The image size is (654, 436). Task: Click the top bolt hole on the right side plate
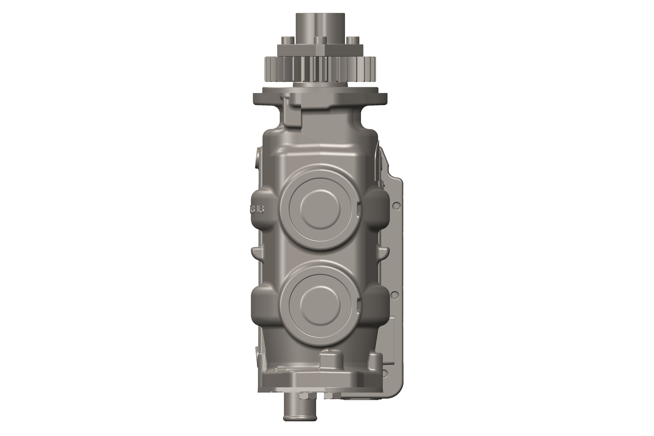click(397, 206)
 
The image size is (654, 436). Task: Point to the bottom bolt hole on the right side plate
click(385, 373)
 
